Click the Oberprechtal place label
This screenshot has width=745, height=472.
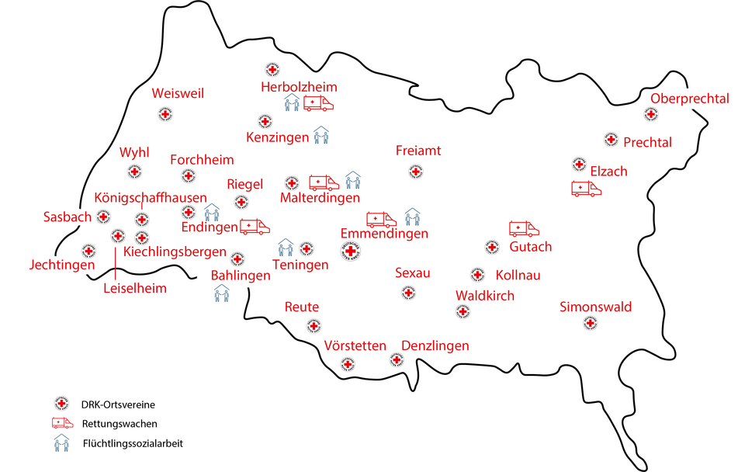coord(690,99)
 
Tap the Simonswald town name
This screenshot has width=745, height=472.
coord(595,307)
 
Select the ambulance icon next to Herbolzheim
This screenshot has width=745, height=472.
coord(318,103)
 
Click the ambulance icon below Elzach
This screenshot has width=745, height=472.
coord(586,189)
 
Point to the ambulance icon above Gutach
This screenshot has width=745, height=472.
coord(524,228)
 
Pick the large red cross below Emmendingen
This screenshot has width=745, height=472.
coord(351,251)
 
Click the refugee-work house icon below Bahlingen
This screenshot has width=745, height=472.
coord(222,293)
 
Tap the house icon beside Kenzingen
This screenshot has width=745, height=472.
coord(321,136)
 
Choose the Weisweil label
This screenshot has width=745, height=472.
coord(178,93)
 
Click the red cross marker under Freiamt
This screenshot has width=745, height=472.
coord(416,171)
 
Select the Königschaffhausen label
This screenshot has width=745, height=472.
coord(151,197)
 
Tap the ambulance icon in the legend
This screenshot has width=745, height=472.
coord(62,424)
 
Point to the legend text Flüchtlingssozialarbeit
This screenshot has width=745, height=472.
coord(133,444)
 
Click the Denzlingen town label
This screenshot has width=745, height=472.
coord(435,345)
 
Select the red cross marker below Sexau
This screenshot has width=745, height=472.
coord(407,293)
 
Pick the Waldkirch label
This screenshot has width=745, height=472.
coord(484,296)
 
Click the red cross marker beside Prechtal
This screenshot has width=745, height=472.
coord(611,140)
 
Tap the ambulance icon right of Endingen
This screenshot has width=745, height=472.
coord(255,227)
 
